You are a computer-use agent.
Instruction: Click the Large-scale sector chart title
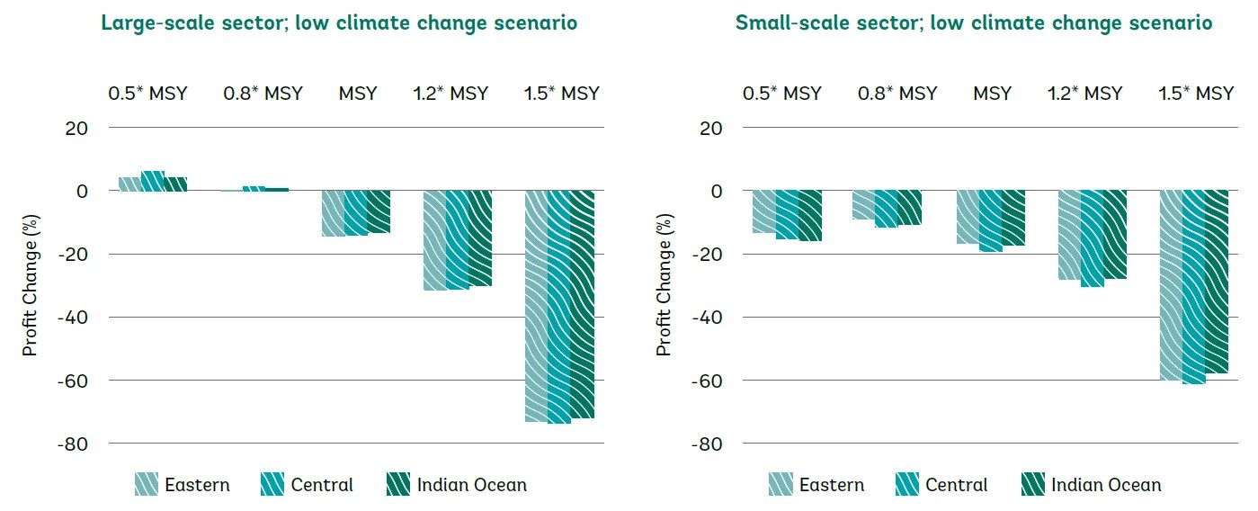(x=339, y=23)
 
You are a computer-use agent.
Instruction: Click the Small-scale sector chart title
(x=974, y=23)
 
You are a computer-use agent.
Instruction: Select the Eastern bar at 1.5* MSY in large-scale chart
(x=536, y=306)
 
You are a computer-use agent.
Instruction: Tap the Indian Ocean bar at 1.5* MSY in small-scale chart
(x=1216, y=282)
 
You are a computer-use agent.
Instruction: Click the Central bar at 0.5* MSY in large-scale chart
(x=153, y=181)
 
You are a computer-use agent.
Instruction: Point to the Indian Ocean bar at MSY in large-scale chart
(x=378, y=211)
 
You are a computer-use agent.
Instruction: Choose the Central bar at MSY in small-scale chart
(x=990, y=221)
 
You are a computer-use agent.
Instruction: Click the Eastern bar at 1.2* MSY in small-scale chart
(x=1069, y=235)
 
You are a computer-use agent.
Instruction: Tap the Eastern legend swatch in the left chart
(x=147, y=485)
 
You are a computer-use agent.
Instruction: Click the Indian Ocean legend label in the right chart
(x=1106, y=485)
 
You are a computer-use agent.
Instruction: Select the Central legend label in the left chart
(x=322, y=485)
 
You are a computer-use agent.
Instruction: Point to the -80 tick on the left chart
(x=71, y=444)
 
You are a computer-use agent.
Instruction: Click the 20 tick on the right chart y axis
(x=712, y=128)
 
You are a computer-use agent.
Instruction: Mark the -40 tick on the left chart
(x=71, y=318)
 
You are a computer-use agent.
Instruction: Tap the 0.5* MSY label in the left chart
(x=148, y=93)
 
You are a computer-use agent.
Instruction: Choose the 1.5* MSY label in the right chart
(x=1196, y=93)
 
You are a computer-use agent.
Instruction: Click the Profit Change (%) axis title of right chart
(x=665, y=285)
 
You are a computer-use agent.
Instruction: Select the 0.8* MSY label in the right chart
(x=897, y=93)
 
